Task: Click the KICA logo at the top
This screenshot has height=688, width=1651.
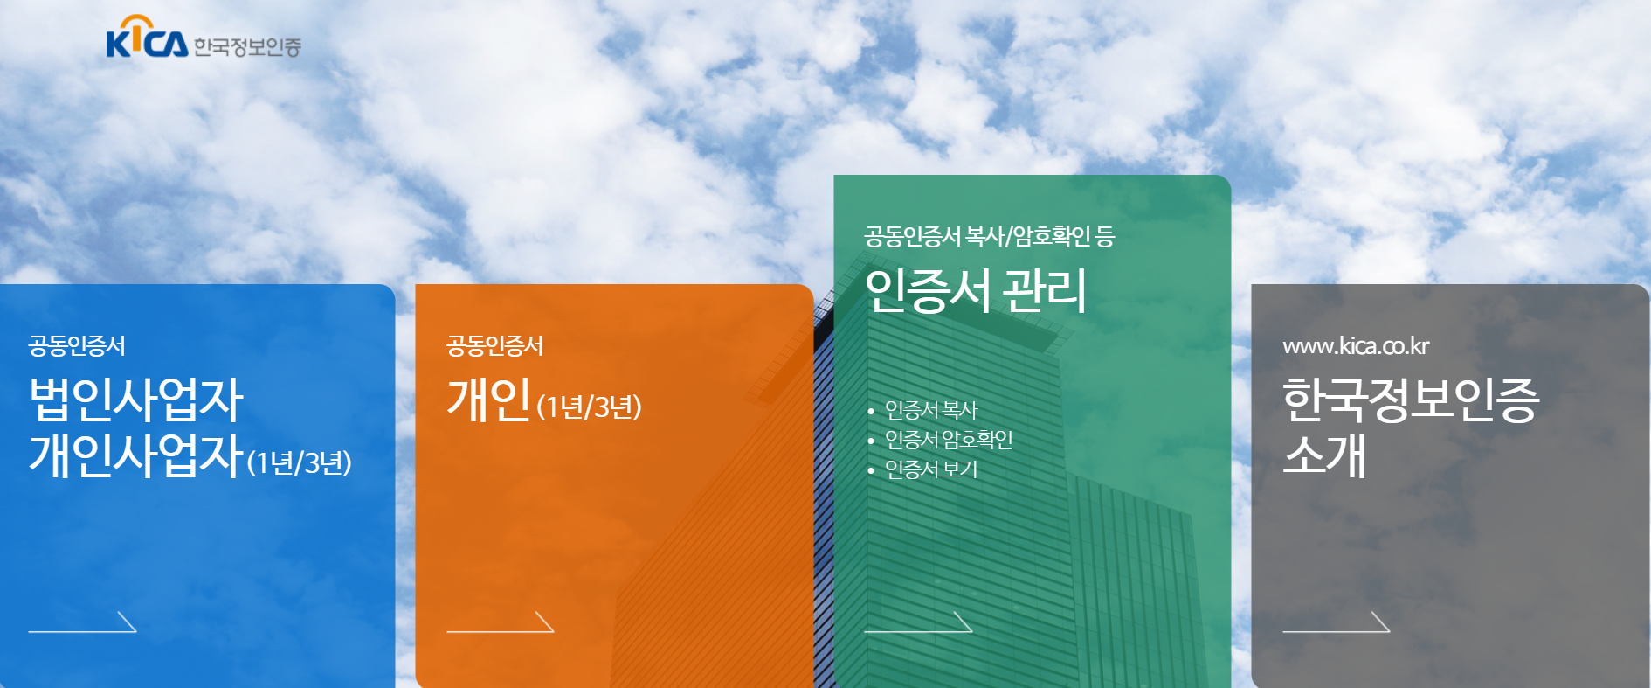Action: click(147, 38)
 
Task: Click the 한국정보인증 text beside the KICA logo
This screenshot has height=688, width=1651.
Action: click(247, 47)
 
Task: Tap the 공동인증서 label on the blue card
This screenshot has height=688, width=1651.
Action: click(77, 346)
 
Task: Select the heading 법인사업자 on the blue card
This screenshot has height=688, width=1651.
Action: click(136, 400)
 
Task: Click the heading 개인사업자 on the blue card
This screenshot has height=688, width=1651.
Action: click(136, 455)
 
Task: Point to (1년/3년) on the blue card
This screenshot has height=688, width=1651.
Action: click(300, 462)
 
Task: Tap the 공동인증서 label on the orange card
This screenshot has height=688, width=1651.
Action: click(495, 346)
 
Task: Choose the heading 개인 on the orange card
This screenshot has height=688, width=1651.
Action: click(489, 400)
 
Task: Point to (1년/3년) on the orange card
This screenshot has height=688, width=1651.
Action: click(590, 407)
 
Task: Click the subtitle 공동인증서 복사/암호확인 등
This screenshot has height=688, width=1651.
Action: click(989, 237)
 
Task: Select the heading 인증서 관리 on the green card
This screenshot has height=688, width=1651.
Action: click(976, 291)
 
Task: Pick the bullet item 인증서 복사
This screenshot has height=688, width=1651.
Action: click(931, 410)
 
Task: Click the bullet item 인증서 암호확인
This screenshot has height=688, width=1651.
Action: click(949, 440)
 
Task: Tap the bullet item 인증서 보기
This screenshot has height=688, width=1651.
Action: click(931, 469)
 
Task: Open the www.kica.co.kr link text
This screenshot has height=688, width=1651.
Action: click(1356, 346)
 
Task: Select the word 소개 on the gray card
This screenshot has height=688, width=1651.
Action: click(1324, 455)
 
